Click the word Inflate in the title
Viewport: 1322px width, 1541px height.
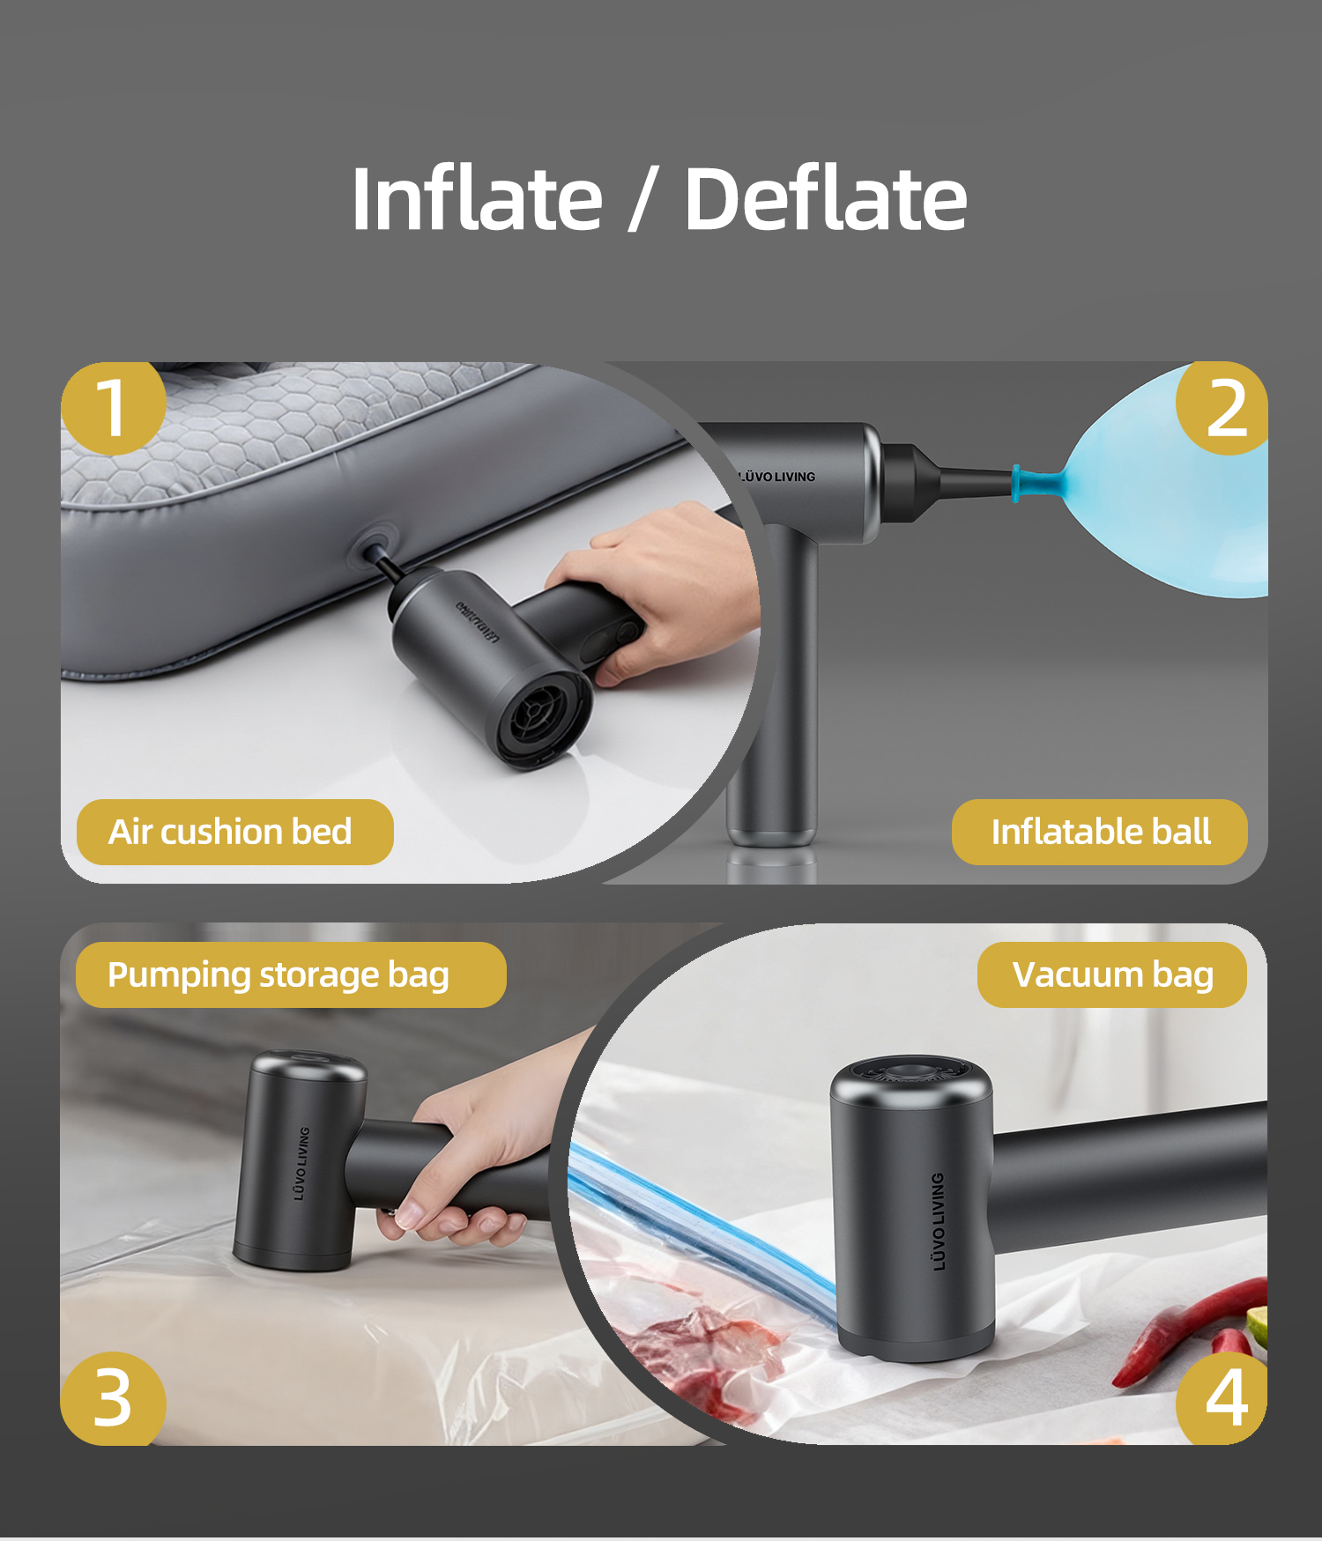477,198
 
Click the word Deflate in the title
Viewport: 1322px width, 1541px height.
826,198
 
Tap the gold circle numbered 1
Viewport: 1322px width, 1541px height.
113,408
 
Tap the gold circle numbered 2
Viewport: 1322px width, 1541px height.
1222,408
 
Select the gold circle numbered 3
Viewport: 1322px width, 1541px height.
113,1398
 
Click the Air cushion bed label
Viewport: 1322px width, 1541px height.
234,832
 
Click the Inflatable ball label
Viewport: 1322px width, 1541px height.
1100,832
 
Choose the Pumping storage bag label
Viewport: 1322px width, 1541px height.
291,974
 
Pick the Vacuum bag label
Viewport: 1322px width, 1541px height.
1112,974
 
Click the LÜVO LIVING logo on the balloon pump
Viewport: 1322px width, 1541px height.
776,477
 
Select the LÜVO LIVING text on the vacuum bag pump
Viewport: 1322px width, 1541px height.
939,1221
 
